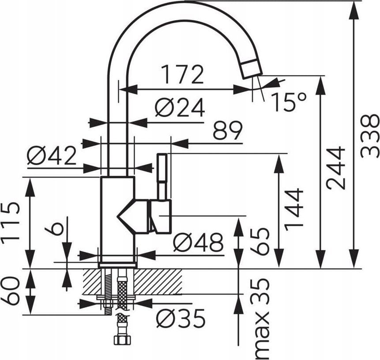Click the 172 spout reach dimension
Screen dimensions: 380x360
182,74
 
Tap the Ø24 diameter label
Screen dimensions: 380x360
180,108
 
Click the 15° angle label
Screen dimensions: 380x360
289,102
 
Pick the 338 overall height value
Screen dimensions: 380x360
370,136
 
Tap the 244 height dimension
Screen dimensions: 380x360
335,168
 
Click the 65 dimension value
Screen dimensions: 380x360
260,241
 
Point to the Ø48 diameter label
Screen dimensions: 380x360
198,243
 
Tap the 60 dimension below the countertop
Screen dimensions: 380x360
10,292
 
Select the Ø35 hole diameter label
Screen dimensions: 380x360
181,318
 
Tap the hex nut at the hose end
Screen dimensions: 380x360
123,340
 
